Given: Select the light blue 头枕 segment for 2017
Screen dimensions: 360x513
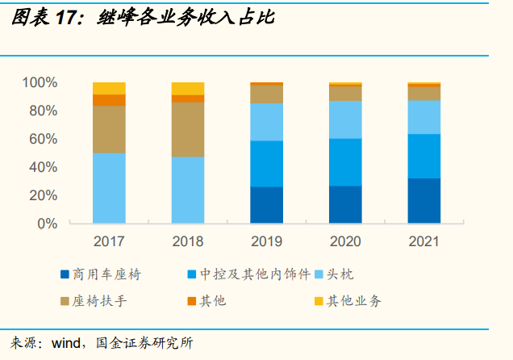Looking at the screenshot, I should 109,187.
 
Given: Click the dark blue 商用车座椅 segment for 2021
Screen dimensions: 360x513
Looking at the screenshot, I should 424,200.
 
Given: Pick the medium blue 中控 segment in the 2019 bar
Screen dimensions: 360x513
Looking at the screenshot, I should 266,164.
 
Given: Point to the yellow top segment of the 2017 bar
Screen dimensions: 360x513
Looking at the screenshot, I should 109,88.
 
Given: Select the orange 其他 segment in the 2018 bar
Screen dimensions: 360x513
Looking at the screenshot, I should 188,98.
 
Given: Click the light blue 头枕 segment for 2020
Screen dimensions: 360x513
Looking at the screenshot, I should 345,119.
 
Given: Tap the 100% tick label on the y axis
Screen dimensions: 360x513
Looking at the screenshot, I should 40,82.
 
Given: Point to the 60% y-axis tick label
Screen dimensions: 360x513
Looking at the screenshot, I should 42,139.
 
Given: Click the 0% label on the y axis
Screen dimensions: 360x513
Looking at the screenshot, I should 47,224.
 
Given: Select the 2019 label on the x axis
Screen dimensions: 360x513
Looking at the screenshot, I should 266,241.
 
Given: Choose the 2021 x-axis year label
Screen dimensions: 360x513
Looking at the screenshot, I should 424,241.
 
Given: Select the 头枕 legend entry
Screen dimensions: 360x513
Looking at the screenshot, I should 347,274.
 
